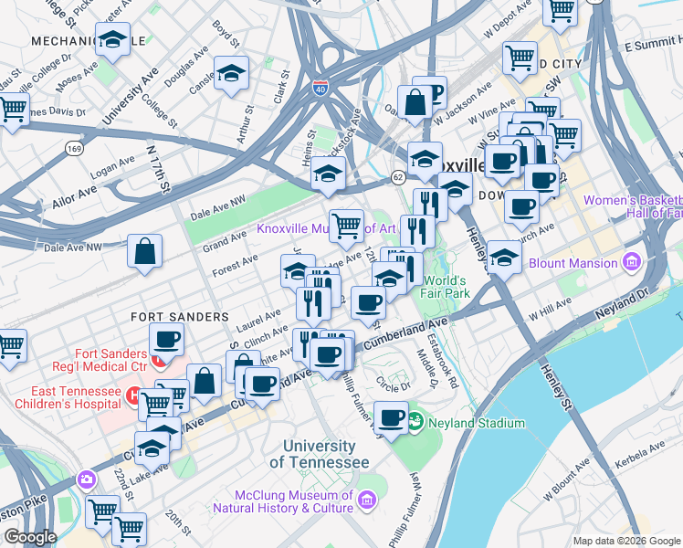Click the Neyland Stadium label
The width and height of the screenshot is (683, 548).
[x=477, y=423]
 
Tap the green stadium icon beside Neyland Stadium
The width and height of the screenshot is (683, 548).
[x=416, y=421]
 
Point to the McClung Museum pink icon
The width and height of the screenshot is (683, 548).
[x=367, y=500]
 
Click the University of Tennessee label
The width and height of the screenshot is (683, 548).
[x=320, y=454]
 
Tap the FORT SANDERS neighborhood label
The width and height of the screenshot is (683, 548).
[x=179, y=316]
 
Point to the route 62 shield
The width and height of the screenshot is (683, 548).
[x=398, y=174]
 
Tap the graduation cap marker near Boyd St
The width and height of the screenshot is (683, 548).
[x=232, y=73]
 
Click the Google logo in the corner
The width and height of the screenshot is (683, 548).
[x=30, y=537]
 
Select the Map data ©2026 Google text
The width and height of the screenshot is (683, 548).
[x=626, y=541]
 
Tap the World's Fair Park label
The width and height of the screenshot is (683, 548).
[x=446, y=287]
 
